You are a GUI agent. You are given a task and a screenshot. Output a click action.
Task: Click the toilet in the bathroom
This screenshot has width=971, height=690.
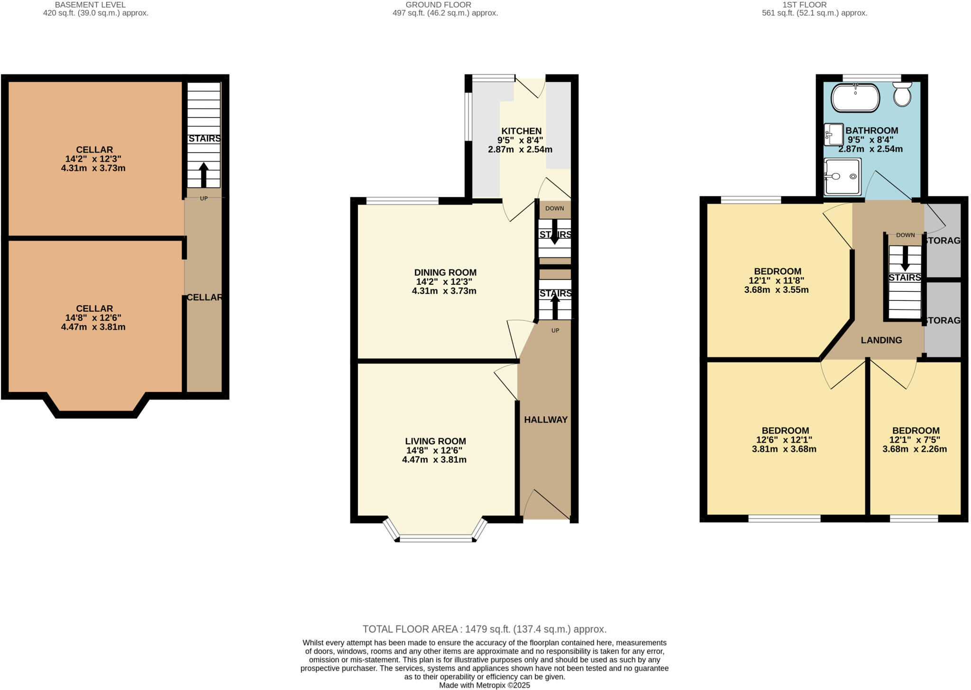click(902, 95)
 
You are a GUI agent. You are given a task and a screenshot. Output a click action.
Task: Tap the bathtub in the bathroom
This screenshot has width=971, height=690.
click(855, 98)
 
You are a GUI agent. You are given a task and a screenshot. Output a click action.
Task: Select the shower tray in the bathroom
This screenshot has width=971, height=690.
click(843, 177)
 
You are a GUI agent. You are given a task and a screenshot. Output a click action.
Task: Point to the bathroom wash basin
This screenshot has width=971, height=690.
click(834, 134)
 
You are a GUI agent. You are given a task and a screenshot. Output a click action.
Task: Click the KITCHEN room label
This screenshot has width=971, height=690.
click(521, 131)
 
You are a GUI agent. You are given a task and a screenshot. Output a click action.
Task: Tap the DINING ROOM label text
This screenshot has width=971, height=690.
click(445, 272)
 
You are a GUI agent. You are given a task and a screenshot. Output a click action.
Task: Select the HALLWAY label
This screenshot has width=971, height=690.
click(546, 420)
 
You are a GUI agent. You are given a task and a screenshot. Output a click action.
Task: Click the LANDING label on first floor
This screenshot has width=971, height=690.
click(881, 340)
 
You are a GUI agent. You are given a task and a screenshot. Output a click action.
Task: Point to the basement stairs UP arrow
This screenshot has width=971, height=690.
click(203, 175)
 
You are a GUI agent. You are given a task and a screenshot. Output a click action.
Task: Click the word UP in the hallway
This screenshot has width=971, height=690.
click(555, 330)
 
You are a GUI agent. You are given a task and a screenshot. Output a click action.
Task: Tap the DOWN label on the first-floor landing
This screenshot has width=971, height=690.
click(905, 235)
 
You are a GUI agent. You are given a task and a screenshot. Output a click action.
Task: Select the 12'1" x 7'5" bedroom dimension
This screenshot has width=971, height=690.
click(915, 440)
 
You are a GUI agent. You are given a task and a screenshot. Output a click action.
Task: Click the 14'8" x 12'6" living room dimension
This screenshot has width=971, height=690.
click(434, 450)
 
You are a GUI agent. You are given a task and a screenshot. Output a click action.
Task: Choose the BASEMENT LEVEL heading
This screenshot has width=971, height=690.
click(90, 5)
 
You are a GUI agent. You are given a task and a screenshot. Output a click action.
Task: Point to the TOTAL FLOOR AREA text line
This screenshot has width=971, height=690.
click(485, 629)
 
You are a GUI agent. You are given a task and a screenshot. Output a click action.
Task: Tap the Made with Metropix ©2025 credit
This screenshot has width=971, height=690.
click(485, 685)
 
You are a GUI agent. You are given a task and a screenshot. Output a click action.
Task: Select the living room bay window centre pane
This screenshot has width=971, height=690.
click(436, 539)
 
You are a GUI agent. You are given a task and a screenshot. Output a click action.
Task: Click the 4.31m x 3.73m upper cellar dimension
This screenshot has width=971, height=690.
click(93, 168)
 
